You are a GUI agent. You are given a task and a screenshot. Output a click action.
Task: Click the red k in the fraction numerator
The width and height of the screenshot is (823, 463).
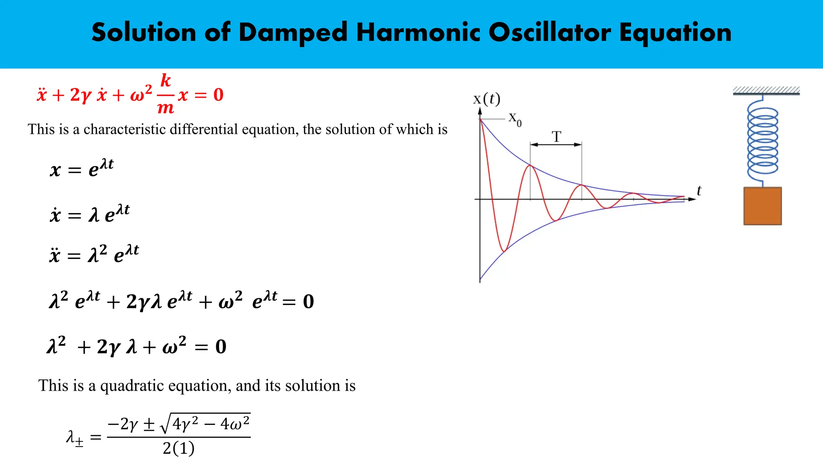click(x=166, y=81)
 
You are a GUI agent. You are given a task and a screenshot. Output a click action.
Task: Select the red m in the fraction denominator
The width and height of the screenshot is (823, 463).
click(x=166, y=108)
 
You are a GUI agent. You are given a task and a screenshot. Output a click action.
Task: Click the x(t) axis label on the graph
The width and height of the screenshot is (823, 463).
click(x=486, y=99)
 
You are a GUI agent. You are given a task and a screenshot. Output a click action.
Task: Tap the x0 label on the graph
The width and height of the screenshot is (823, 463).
click(x=515, y=119)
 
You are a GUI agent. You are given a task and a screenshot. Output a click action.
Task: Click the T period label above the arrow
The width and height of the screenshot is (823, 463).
click(x=556, y=137)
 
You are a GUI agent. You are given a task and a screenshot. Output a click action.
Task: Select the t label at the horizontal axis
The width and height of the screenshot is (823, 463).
click(x=699, y=191)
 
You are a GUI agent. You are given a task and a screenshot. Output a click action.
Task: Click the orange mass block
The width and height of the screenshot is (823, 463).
click(x=762, y=206)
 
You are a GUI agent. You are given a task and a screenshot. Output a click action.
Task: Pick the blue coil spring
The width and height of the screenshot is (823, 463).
click(x=762, y=141)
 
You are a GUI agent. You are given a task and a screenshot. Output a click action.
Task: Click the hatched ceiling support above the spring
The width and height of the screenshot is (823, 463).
click(x=766, y=90)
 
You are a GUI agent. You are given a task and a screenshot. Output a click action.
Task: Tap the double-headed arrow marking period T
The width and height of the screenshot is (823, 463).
click(x=556, y=145)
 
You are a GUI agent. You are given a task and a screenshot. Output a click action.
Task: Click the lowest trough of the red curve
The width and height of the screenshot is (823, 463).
click(x=504, y=251)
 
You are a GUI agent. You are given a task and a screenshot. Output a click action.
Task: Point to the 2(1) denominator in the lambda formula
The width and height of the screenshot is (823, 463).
click(x=178, y=449)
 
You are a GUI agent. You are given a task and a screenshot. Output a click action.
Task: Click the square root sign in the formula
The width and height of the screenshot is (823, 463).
click(x=165, y=424)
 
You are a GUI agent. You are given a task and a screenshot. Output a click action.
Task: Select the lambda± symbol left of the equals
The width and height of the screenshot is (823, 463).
click(x=75, y=437)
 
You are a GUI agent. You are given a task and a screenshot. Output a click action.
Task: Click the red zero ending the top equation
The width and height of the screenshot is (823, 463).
click(x=218, y=95)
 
